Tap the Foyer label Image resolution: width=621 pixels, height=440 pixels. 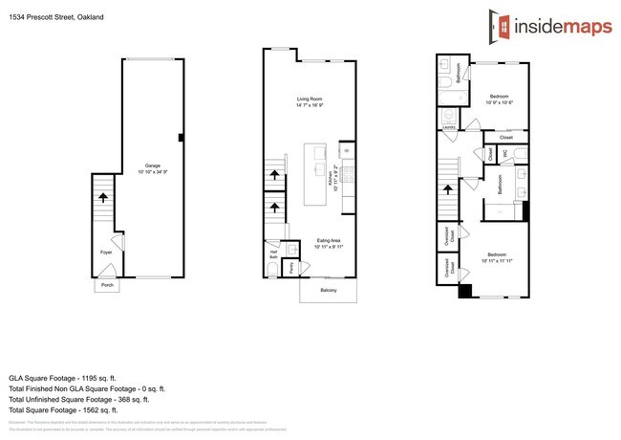(x=106, y=253)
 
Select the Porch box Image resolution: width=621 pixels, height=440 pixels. (x=105, y=285)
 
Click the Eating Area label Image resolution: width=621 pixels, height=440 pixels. (x=329, y=242)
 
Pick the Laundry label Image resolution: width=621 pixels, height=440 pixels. (x=448, y=127)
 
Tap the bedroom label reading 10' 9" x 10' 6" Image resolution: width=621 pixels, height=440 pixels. (x=501, y=99)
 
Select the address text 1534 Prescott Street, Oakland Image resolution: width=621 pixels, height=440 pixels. (x=54, y=17)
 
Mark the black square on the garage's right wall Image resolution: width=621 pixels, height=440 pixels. (x=181, y=138)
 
